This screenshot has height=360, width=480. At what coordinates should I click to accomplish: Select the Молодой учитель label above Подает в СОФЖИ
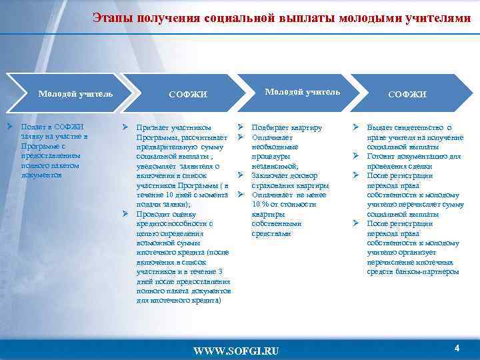click(x=75, y=93)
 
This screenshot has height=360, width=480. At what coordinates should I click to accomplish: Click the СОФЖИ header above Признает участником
click(x=188, y=95)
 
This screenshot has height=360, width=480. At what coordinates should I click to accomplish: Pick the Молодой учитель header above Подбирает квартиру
click(x=303, y=91)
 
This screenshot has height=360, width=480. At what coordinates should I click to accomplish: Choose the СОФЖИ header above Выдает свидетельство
click(x=407, y=95)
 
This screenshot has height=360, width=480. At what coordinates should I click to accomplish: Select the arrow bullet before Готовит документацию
click(x=356, y=156)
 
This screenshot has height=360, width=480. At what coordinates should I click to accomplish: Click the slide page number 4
click(x=457, y=348)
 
